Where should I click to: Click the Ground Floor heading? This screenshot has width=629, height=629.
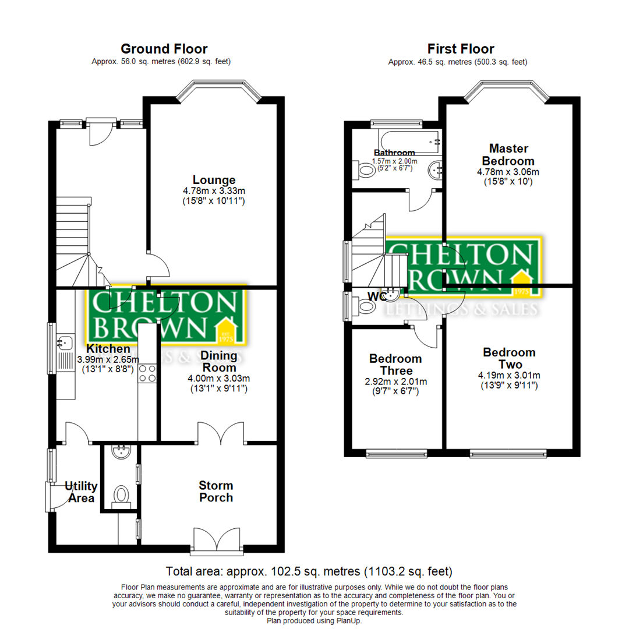pos(164,49)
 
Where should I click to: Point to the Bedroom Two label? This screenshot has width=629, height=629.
pos(509,359)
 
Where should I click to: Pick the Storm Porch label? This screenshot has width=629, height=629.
pos(215,492)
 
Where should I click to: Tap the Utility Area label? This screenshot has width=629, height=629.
pos(80,492)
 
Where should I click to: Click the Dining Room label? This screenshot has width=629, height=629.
pos(218,361)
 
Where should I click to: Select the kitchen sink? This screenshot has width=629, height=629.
pos(64,342)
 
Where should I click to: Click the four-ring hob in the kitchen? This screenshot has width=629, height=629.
pos(147,373)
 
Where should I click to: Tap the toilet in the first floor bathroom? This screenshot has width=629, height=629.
pos(365,171)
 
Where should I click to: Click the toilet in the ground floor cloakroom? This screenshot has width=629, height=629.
pos(121,496)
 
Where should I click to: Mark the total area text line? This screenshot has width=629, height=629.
pos(309,571)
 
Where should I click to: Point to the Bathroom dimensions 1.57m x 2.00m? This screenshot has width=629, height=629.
pos(395,161)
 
